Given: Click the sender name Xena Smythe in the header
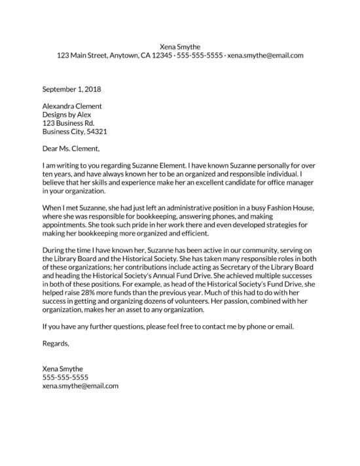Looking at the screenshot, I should click(x=180, y=46).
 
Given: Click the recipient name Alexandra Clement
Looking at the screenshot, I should click(x=72, y=105).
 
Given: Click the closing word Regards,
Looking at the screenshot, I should click(x=56, y=343).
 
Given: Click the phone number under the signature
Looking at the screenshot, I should click(x=65, y=378).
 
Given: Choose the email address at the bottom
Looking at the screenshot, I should click(x=80, y=386).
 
